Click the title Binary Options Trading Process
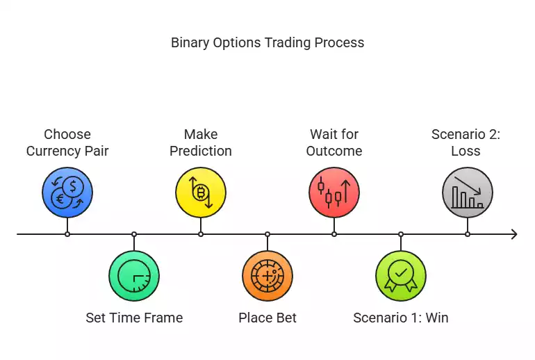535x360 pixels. point(267,42)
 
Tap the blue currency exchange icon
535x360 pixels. point(67,193)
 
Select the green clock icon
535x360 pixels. point(134,276)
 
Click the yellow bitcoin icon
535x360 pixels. point(201,193)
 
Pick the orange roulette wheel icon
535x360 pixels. point(267,276)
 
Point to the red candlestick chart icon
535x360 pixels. point(334,193)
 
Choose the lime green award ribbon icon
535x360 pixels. point(401,276)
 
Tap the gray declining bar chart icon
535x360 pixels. point(468,193)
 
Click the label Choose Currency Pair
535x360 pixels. point(67,142)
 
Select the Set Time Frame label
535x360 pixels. point(134,318)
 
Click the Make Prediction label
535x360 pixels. point(201,142)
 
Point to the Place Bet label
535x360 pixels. point(267,318)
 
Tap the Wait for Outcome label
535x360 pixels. point(334,142)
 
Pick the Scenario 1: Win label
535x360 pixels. point(401,318)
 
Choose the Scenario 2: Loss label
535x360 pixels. point(466,142)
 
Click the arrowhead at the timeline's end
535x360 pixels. point(513,234)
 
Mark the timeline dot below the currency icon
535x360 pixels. point(67,234)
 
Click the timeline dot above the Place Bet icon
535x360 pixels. point(267,234)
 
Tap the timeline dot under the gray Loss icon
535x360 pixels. point(468,234)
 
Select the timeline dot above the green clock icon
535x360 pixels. point(134,234)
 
